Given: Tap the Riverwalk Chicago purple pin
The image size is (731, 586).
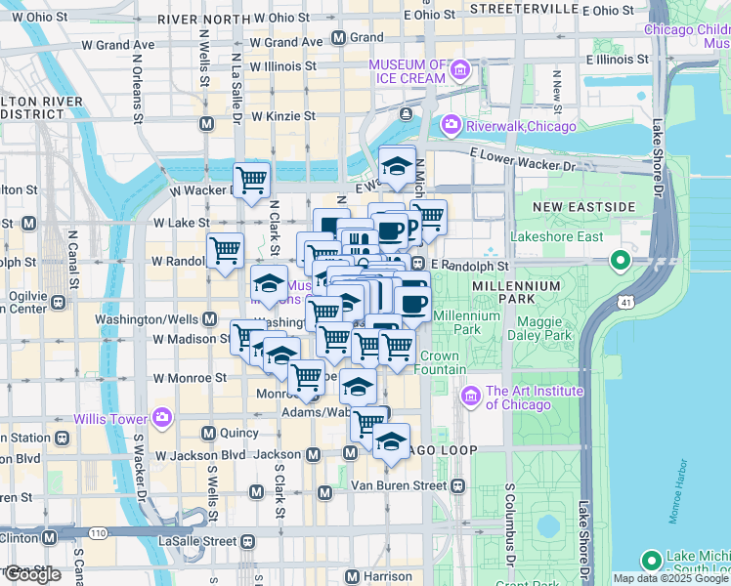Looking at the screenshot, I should [451, 123].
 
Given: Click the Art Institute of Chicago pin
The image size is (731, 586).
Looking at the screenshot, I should [471, 397].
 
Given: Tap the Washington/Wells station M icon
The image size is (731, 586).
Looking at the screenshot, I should [210, 319].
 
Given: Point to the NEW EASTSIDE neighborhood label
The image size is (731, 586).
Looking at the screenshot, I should [584, 207].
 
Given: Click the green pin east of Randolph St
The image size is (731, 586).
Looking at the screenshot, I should [620, 261].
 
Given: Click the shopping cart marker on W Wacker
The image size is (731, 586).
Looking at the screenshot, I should [252, 180].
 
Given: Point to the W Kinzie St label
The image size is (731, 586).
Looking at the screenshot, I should [282, 115].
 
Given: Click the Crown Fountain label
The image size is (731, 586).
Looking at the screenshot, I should [439, 362].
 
